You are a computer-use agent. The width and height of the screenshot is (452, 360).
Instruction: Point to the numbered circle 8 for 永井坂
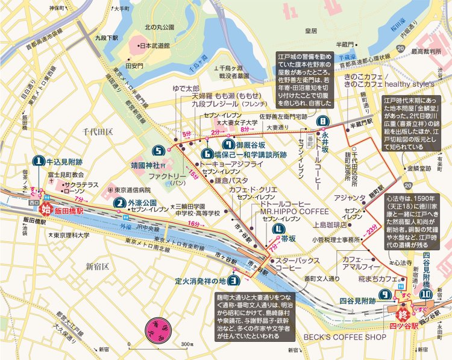click(324, 121)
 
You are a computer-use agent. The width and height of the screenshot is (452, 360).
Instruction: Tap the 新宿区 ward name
click(96, 266)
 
